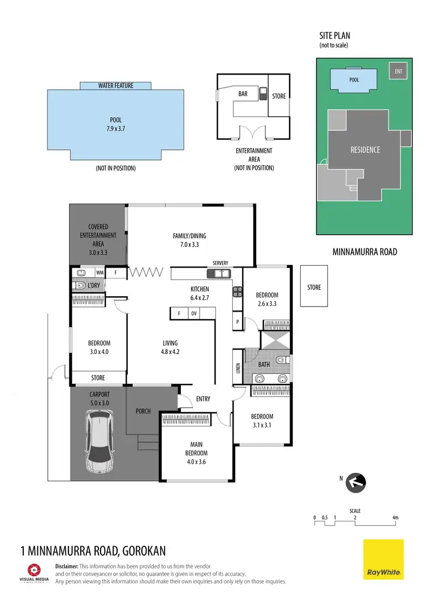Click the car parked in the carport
(x=100, y=441)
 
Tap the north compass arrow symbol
(x=356, y=482)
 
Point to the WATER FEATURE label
(x=115, y=85)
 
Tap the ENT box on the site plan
(x=399, y=71)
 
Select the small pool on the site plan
(x=354, y=80)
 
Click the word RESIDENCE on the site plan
(x=365, y=150)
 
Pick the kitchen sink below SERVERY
(x=219, y=274)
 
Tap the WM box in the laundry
(x=99, y=273)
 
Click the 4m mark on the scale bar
(x=395, y=517)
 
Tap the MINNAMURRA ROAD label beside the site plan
(x=365, y=252)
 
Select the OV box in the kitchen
(x=193, y=313)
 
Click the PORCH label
(x=143, y=411)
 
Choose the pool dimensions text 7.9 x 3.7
(x=115, y=129)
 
